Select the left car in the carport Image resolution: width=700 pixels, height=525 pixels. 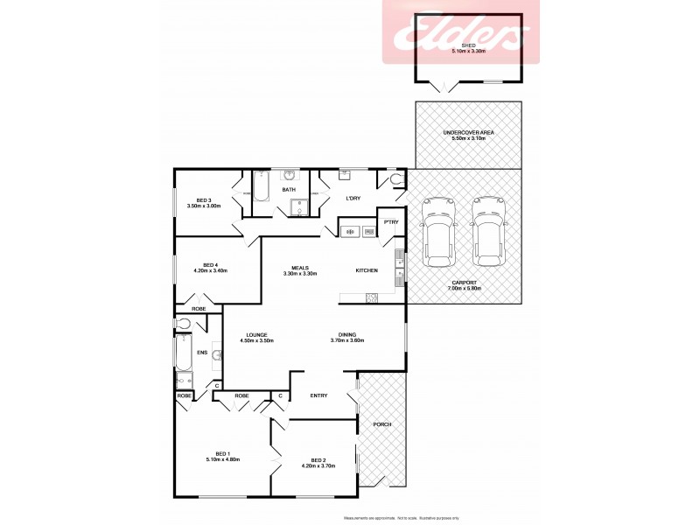(x=438, y=232)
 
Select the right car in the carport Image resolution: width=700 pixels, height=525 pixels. (x=488, y=232)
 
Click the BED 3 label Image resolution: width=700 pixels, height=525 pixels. (x=204, y=200)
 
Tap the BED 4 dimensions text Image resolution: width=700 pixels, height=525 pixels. (x=209, y=271)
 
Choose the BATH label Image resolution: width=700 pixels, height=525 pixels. (x=288, y=190)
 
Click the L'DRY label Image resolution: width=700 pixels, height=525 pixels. (x=353, y=199)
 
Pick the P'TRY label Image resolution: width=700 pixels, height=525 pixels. (x=391, y=221)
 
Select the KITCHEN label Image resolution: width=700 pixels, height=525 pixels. (x=367, y=270)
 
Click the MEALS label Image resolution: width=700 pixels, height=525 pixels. (x=299, y=269)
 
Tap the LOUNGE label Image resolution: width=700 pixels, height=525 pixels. (x=256, y=334)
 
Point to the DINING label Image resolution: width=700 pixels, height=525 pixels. (x=347, y=334)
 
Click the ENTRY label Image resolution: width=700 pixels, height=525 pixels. (x=318, y=395)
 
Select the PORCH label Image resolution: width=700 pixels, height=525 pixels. (x=381, y=424)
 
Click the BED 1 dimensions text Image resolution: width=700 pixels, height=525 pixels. (x=223, y=459)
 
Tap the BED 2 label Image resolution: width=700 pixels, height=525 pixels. (x=318, y=460)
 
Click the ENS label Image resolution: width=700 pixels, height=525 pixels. (x=201, y=354)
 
